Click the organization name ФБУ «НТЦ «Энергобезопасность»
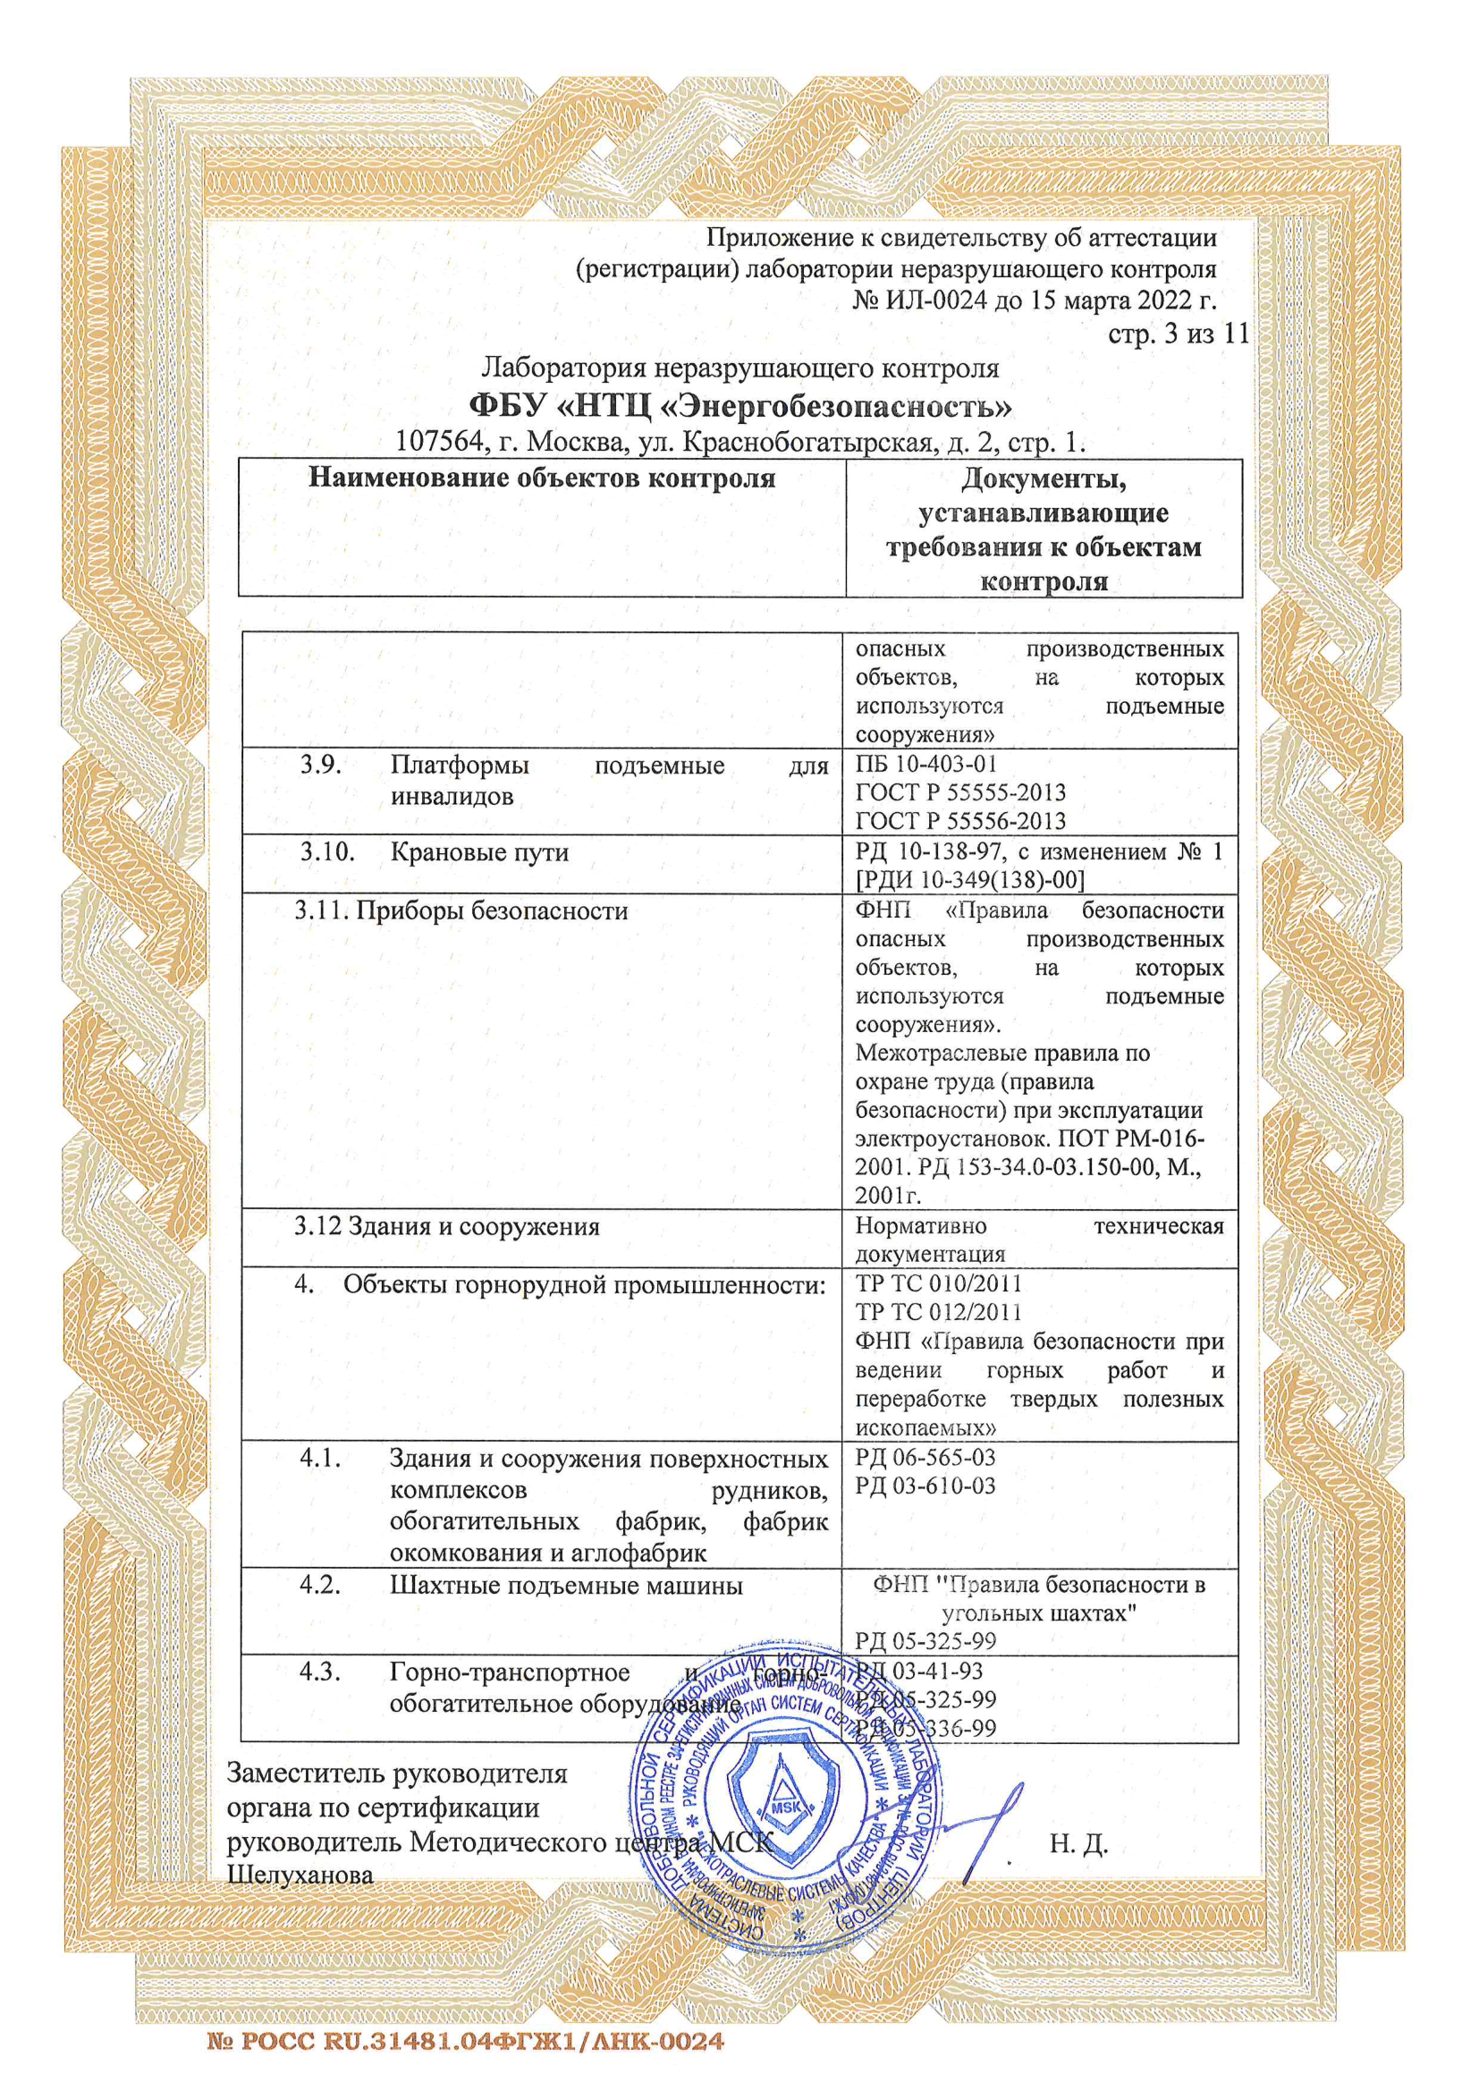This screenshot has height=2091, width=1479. pyautogui.click(x=739, y=404)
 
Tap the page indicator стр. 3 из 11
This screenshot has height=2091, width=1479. pyautogui.click(x=1178, y=334)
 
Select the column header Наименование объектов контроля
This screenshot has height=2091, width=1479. pyautogui.click(x=542, y=478)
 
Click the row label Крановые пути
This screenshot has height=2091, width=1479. pyautogui.click(x=479, y=852)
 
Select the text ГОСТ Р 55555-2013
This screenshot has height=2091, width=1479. pyautogui.click(x=959, y=792)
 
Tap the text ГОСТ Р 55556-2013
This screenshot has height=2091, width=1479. pyautogui.click(x=959, y=820)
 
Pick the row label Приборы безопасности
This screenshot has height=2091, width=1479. pyautogui.click(x=492, y=910)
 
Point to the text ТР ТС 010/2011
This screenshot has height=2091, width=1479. pyautogui.click(x=938, y=1284)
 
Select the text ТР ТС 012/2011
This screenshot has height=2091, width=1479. pyautogui.click(x=938, y=1312)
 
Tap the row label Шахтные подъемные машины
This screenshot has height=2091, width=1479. pyautogui.click(x=565, y=1586)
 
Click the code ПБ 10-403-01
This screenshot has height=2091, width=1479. pyautogui.click(x=926, y=764)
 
